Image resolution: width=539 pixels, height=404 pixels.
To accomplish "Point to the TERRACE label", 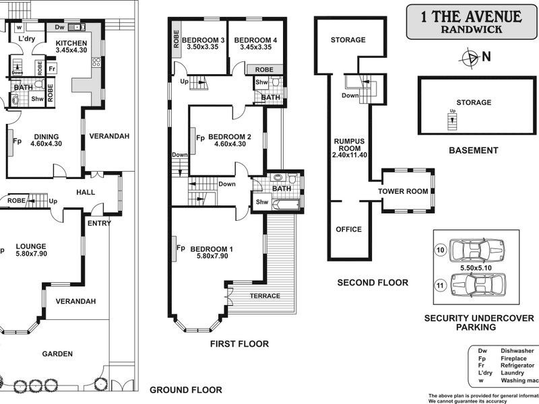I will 265,296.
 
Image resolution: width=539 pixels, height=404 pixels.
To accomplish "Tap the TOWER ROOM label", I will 402,191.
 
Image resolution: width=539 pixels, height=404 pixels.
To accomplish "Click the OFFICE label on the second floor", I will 348,230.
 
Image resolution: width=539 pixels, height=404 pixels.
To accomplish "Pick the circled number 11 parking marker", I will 441,285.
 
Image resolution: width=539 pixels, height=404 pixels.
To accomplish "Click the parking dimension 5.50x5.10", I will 475,268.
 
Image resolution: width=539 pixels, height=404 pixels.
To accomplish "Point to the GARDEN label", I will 57,353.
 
